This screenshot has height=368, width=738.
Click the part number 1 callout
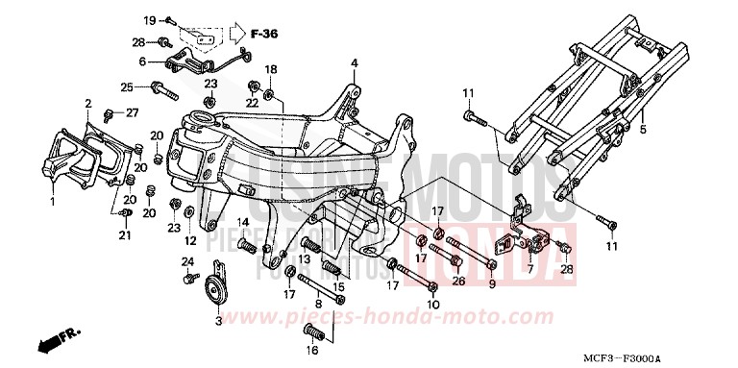[54, 202]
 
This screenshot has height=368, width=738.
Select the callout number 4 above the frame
[354, 64]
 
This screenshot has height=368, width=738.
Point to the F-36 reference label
[262, 35]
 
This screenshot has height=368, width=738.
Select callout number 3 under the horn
[218, 321]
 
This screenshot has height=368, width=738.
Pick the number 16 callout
[312, 354]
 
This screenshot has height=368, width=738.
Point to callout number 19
[150, 20]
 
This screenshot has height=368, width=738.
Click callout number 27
[133, 113]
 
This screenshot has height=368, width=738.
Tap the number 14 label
[244, 223]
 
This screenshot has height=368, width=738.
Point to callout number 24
[188, 261]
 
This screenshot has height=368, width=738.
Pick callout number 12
[190, 240]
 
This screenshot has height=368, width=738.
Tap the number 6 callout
[142, 61]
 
